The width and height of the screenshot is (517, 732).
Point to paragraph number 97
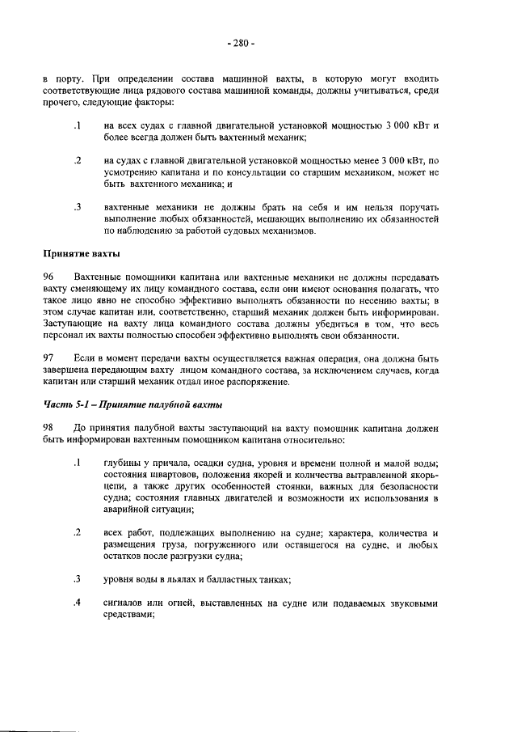[49, 357]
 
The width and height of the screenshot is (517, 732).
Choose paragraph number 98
[49, 426]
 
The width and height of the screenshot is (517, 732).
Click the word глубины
[124, 463]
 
